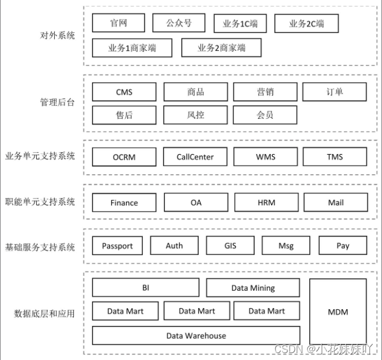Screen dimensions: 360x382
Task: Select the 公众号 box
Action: pos(179,23)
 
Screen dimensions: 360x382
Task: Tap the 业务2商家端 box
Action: pos(221,48)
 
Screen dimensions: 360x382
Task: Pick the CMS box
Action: pos(124,92)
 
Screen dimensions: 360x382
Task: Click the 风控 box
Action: pos(195,115)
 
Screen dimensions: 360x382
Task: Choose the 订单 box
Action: pos(335,92)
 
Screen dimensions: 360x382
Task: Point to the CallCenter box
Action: pos(195,156)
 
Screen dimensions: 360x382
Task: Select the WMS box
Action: pos(266,156)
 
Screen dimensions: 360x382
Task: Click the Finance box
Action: pos(124,202)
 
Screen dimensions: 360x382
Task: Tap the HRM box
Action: pos(266,202)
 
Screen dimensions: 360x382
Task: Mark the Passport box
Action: pos(117,246)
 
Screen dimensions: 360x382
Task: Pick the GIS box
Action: pos(230,246)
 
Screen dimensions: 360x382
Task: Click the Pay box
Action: pos(343,246)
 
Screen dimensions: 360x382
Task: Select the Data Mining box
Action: pos(253,288)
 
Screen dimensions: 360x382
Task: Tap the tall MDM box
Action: pos(338,312)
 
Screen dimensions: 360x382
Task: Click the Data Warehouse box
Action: pos(196,335)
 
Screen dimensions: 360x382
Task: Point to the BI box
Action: pos(145,287)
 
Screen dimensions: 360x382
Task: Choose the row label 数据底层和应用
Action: pos(44,313)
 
